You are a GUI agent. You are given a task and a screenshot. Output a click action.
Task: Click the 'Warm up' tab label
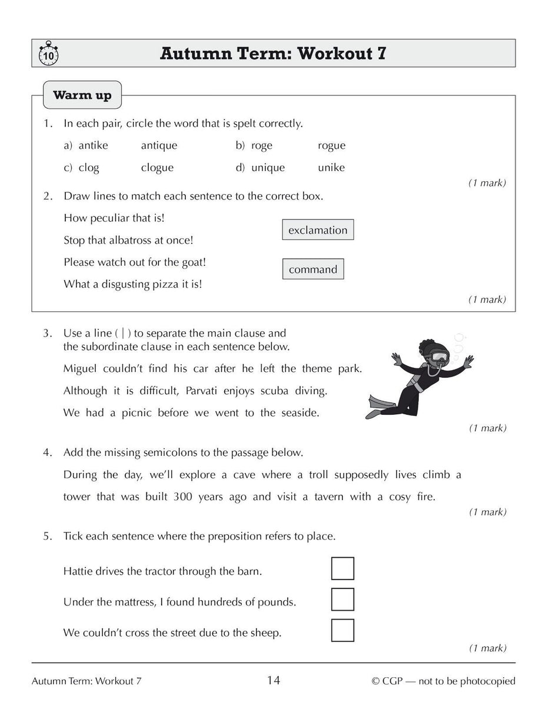pos(82,95)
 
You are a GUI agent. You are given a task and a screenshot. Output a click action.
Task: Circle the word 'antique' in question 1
pos(159,145)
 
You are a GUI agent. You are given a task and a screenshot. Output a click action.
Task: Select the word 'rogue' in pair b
pos(331,145)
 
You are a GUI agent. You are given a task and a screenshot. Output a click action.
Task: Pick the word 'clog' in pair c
pos(88,168)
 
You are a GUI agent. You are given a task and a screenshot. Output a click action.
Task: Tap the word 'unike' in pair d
pos(331,168)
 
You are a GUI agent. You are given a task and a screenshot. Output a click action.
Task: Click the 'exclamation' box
pos(318,230)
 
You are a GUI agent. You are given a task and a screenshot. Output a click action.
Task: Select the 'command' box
pos(313,269)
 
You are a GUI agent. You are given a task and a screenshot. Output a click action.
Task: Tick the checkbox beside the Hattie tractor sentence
pos(342,568)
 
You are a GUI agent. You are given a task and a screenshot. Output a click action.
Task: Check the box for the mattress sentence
pos(342,600)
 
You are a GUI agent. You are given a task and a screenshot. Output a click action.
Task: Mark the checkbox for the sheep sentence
pos(342,630)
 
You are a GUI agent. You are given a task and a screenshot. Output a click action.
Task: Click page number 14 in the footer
pos(274,681)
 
